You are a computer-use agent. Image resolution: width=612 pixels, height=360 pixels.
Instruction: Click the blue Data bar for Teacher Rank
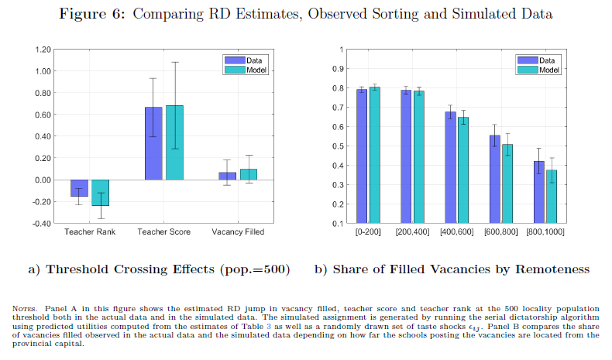(80, 188)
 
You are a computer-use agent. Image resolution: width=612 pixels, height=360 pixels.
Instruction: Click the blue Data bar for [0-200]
(362, 156)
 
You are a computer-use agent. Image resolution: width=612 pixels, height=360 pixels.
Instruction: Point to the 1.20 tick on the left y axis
(41, 50)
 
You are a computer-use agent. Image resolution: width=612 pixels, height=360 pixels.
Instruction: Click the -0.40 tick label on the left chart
(40, 224)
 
